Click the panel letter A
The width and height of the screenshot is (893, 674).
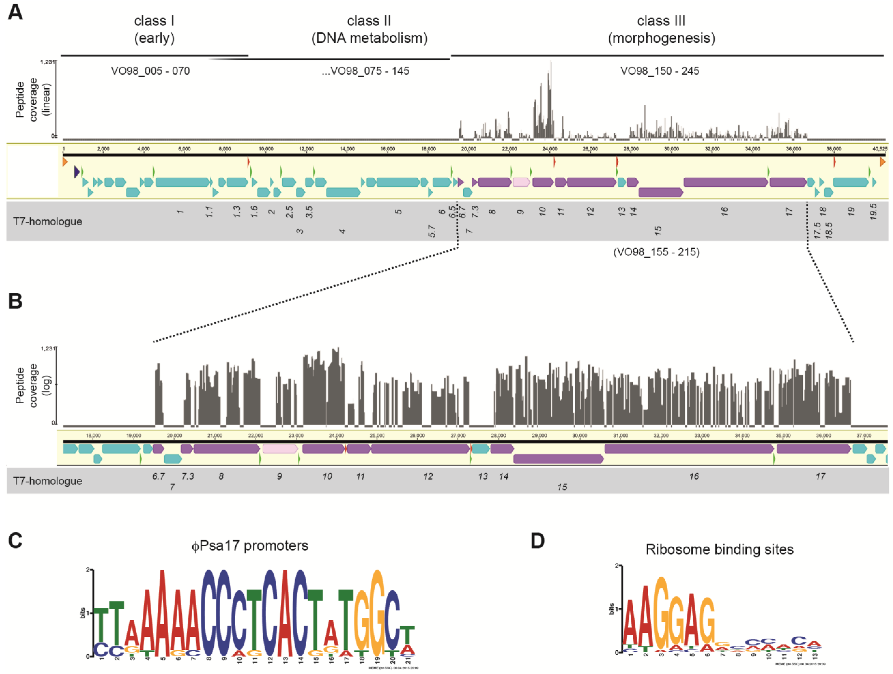[x=15, y=12]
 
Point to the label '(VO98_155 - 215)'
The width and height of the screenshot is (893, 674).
[x=656, y=252]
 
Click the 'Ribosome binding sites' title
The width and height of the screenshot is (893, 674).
[x=719, y=549]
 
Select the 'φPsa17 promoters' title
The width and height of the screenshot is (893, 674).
[x=250, y=546]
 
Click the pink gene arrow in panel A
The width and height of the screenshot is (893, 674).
[x=521, y=182]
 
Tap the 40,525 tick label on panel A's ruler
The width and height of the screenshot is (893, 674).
[x=880, y=149]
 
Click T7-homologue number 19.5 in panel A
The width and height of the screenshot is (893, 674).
[x=873, y=212]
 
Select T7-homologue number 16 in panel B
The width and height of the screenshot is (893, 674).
[x=693, y=477]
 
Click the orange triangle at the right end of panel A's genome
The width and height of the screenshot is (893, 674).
[x=883, y=162]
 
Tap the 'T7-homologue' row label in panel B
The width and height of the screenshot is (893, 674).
[x=48, y=481]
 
